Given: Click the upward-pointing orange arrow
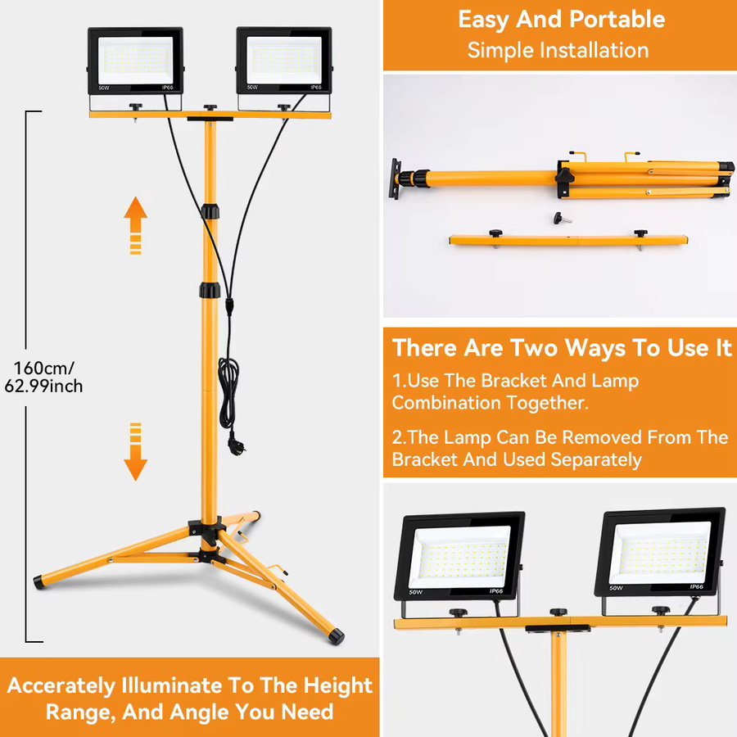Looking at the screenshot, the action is pyautogui.click(x=135, y=225).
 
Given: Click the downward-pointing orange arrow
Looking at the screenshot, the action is pyautogui.click(x=135, y=451).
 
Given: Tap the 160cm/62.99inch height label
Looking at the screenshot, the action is pyautogui.click(x=43, y=377).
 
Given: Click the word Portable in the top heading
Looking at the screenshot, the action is pyautogui.click(x=617, y=20).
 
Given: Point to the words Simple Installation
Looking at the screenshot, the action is pyautogui.click(x=558, y=50).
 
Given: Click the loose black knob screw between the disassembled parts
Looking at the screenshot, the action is pyautogui.click(x=562, y=218).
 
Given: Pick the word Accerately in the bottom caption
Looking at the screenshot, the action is pyautogui.click(x=61, y=685).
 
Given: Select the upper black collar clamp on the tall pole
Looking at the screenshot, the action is pyautogui.click(x=210, y=211).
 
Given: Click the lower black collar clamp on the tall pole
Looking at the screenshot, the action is pyautogui.click(x=210, y=290).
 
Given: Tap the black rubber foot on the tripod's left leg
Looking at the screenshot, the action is pyautogui.click(x=39, y=582).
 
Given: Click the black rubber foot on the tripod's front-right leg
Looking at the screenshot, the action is pyautogui.click(x=336, y=636).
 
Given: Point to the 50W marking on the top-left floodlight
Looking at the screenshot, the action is pyautogui.click(x=104, y=88).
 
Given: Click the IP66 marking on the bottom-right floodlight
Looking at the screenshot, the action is pyautogui.click(x=696, y=586).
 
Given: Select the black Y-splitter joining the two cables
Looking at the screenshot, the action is pyautogui.click(x=229, y=306).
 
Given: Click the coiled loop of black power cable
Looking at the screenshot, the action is pyautogui.click(x=228, y=392).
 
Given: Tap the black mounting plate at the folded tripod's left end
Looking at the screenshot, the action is pyautogui.click(x=396, y=179).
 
